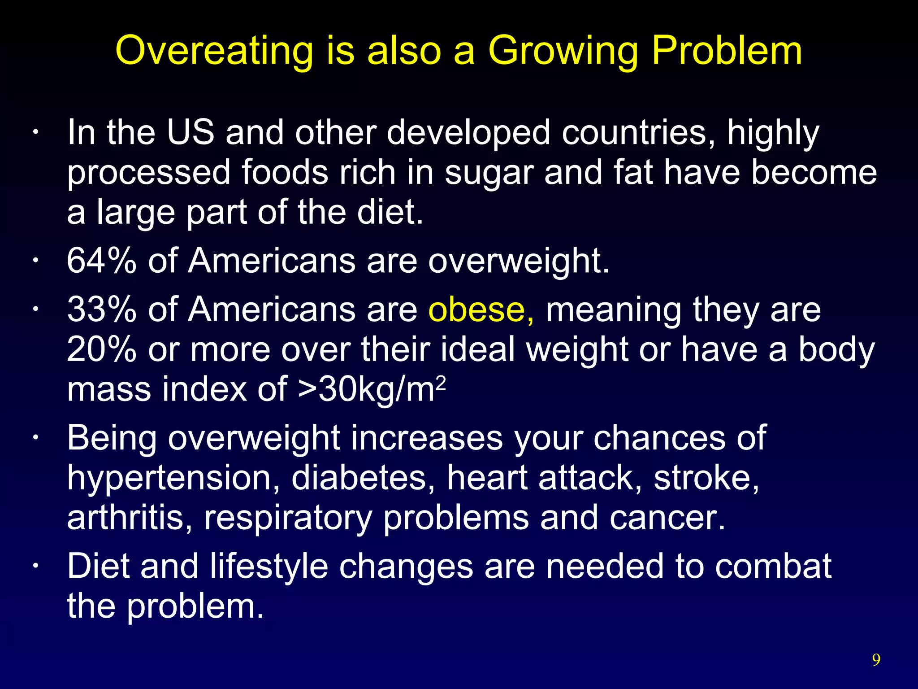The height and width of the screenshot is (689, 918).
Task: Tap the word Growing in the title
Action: tap(563, 51)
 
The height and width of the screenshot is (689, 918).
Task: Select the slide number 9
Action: tap(876, 659)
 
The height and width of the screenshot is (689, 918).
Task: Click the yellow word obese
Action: tap(476, 310)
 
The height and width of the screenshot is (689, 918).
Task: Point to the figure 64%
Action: tap(101, 261)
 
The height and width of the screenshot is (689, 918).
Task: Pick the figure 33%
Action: tap(101, 310)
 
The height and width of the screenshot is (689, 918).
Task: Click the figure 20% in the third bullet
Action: tap(101, 349)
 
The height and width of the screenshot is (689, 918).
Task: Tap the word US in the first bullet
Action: tap(191, 133)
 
